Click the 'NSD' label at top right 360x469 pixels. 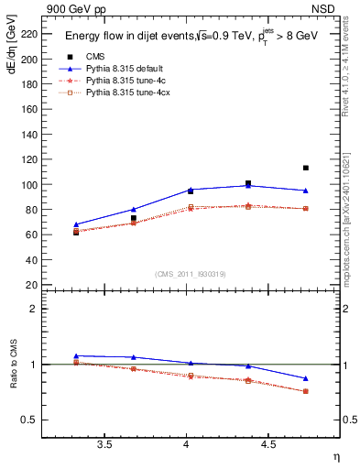point(326,10)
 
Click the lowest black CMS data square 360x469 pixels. point(76,232)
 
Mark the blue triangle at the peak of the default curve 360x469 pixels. point(248,186)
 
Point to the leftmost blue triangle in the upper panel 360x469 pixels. point(76,224)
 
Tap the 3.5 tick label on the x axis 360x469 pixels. point(104,445)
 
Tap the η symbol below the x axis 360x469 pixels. point(335,455)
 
